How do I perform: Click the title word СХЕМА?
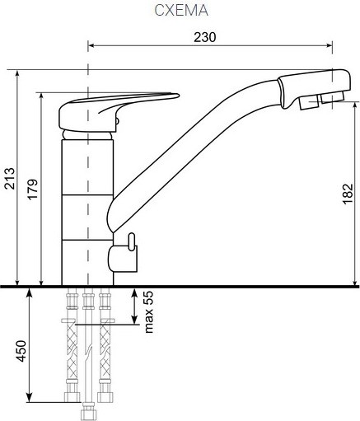pos(181,11)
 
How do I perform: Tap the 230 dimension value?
pos(205,37)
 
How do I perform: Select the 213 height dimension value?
pos(10,178)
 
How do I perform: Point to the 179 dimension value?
pos(32,189)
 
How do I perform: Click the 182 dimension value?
pos(348,194)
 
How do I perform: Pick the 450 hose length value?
pos(21,351)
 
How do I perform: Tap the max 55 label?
pos(148,312)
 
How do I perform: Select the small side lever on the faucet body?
pos(132,241)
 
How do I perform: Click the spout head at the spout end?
pos(315,88)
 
